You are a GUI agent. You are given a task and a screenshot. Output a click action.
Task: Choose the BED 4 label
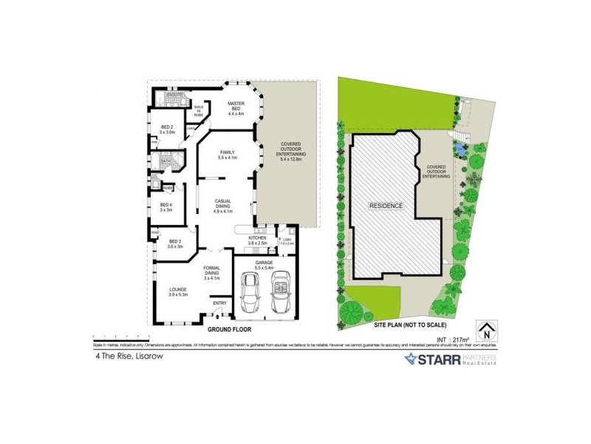pos(166,206)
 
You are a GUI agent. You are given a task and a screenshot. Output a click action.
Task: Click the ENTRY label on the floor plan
pos(219,303)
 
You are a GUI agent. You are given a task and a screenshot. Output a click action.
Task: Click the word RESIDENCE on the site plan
pos(387,205)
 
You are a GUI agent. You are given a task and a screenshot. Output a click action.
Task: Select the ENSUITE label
pos(174,96)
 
